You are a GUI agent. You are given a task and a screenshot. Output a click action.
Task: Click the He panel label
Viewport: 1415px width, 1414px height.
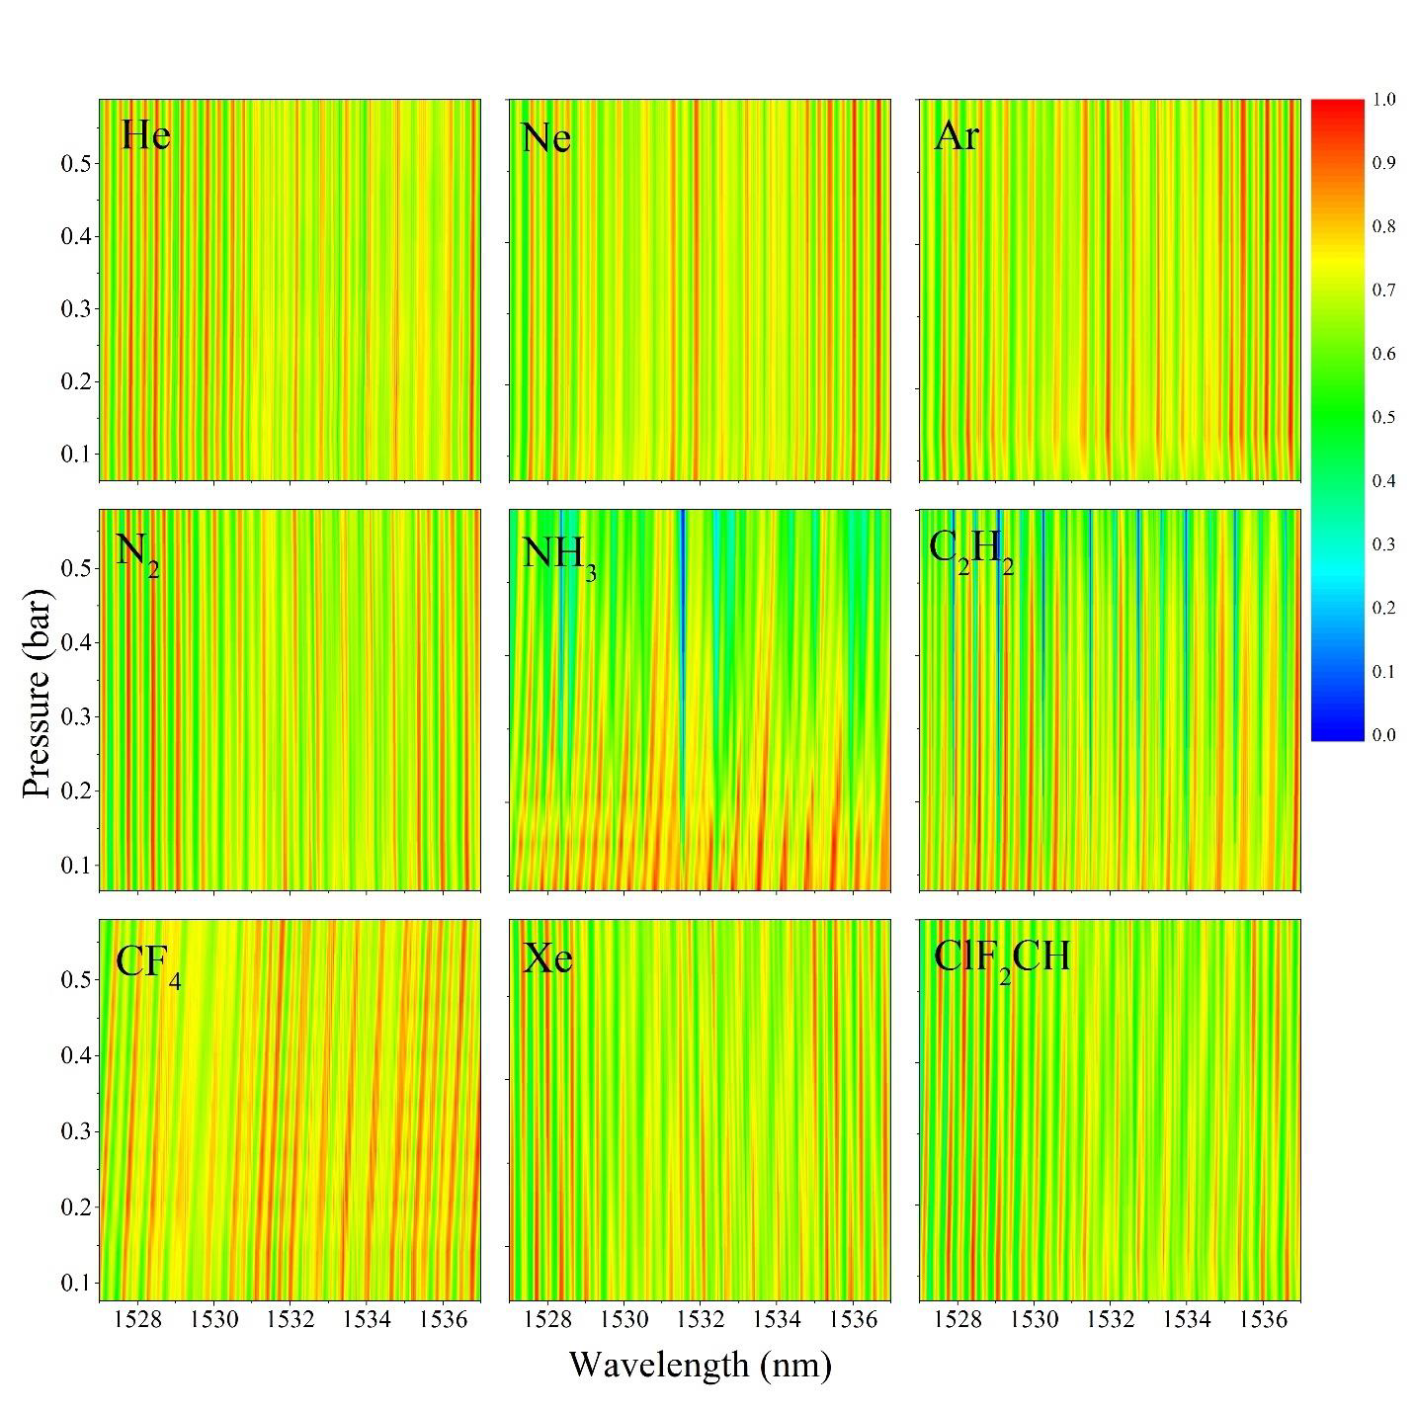pos(145,134)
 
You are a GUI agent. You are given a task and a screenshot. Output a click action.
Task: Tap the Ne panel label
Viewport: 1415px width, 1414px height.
pos(545,137)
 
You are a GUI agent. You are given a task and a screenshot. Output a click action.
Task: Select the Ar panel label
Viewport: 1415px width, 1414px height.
pos(956,135)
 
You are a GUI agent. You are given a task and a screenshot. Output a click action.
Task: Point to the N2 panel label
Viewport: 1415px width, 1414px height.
pos(136,552)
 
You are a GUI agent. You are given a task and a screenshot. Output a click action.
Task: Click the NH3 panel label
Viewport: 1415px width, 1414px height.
pos(558,555)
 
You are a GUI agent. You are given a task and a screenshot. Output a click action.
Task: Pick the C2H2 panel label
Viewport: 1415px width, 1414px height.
pos(970,550)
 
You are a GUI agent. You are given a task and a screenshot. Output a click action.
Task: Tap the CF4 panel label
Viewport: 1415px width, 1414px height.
pos(147,963)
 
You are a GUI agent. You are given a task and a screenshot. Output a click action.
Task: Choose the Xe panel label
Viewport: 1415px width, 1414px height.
pos(547,958)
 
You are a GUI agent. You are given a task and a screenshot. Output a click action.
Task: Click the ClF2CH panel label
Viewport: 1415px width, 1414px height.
pos(1001,959)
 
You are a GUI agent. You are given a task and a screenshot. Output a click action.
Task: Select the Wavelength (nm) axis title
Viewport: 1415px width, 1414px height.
pos(700,1365)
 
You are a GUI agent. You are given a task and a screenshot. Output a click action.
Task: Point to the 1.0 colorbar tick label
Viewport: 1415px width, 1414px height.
pos(1383,100)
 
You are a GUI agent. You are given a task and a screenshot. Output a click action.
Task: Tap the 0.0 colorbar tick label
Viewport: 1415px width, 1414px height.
pos(1383,735)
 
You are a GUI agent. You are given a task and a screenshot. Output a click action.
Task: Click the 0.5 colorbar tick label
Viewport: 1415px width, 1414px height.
pos(1383,417)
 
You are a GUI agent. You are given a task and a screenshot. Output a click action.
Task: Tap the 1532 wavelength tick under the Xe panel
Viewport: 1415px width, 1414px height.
pos(701,1320)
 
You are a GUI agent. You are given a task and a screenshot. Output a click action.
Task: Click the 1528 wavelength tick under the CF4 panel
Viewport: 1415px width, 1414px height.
pos(137,1320)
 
